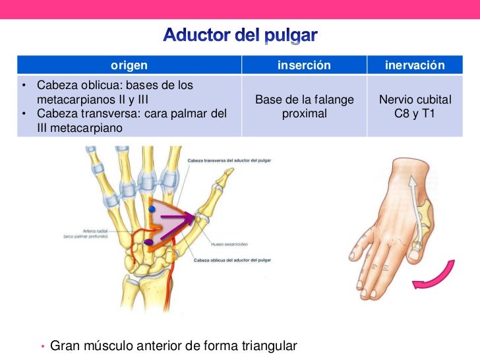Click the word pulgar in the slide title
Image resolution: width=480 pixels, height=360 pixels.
click(x=291, y=34)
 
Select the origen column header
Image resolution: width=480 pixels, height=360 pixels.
click(x=129, y=65)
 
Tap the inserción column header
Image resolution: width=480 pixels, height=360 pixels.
click(x=304, y=65)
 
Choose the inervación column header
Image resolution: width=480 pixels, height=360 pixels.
click(x=415, y=65)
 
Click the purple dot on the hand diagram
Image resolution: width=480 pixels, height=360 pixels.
click(x=150, y=243)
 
